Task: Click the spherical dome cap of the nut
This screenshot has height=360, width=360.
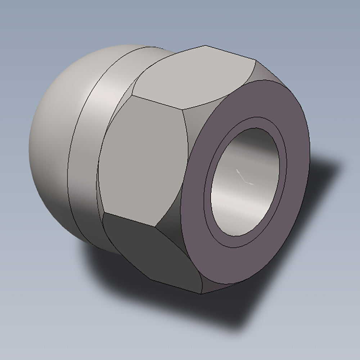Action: click(54, 144)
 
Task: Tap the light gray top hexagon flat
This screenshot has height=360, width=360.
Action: click(194, 77)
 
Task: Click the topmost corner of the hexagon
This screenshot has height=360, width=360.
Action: click(206, 45)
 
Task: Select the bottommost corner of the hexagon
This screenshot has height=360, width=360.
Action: click(201, 293)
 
